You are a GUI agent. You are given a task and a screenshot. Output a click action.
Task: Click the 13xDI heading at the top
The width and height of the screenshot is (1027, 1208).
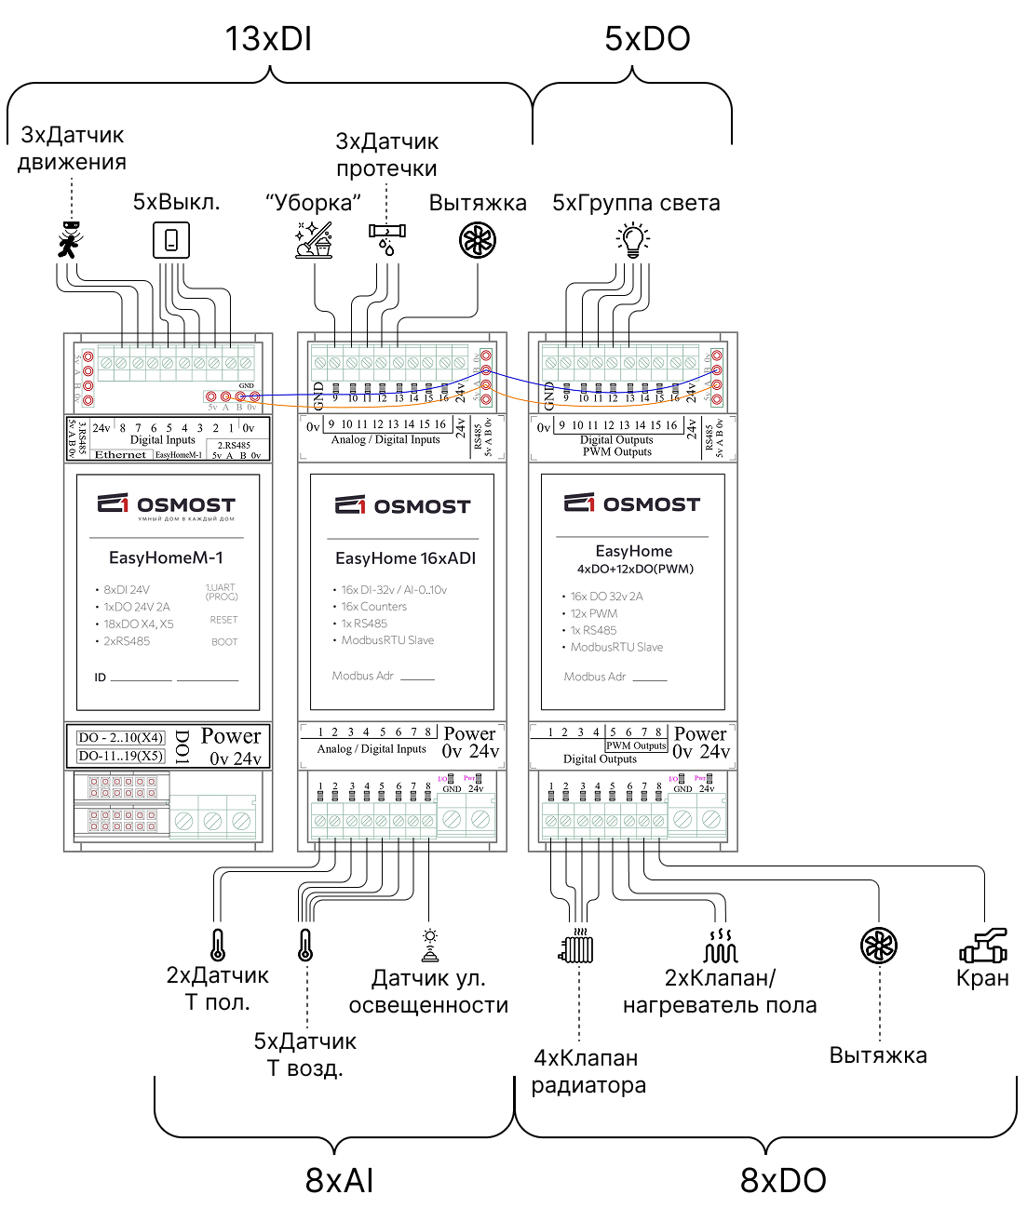coord(267,39)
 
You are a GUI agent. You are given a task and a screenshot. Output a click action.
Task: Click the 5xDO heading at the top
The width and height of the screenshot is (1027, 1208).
coord(647,39)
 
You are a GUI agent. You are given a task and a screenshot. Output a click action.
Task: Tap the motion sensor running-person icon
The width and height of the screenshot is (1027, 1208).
coord(70,240)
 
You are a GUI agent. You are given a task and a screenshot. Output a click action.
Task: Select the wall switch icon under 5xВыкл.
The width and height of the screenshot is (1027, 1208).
coord(171,240)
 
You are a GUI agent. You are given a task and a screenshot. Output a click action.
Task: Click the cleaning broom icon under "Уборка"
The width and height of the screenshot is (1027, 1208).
coord(314,240)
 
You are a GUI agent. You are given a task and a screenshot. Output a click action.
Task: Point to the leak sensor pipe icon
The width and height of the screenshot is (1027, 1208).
coord(386,236)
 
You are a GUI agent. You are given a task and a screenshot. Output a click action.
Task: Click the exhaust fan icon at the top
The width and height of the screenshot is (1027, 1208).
coord(478,240)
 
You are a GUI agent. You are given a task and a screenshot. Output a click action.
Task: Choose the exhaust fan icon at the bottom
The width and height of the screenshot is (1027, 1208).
coord(878,946)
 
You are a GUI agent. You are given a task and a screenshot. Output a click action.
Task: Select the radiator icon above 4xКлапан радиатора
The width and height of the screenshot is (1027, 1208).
coord(577,947)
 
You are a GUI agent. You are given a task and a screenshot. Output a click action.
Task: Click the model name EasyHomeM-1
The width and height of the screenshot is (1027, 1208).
coord(166,557)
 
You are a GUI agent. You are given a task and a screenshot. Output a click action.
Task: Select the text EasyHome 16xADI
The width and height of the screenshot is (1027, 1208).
coord(405,558)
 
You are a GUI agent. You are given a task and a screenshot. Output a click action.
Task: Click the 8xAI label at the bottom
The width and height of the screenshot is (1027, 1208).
coord(339,1180)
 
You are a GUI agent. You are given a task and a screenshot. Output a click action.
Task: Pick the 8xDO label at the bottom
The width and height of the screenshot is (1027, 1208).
coord(783,1180)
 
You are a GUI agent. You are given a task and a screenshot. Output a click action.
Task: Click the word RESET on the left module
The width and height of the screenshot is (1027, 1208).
coord(223,620)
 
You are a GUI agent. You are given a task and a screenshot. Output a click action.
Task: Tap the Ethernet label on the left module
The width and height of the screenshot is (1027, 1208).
coord(121,455)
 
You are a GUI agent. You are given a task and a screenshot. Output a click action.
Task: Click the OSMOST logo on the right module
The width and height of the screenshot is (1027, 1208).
coord(632,503)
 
